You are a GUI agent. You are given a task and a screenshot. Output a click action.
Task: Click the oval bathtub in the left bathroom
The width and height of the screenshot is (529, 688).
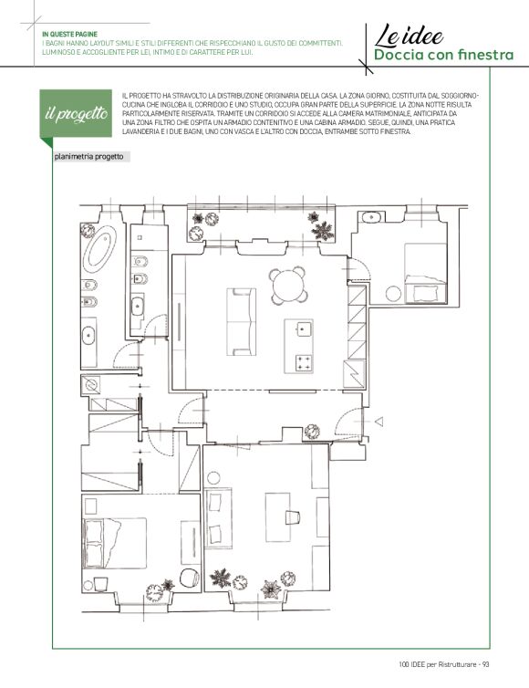coord(99,249)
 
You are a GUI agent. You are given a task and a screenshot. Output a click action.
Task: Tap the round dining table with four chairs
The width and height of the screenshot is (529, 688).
coord(288,286)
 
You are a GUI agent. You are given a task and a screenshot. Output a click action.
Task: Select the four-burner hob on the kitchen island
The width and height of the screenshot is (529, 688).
coord(305,364)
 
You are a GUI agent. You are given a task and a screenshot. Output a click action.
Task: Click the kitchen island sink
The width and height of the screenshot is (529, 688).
coord(304,328)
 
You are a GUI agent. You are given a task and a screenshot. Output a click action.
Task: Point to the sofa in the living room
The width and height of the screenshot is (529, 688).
coord(242,321)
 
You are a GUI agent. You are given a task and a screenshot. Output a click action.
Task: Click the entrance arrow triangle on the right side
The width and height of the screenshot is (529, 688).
coord(379,422)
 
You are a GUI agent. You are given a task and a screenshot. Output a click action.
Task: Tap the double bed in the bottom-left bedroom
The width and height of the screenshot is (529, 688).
coord(115,543)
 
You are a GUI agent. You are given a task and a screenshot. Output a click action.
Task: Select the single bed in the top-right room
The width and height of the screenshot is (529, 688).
coord(425,273)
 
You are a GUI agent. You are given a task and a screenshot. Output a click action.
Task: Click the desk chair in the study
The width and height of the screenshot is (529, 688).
coord(293,516)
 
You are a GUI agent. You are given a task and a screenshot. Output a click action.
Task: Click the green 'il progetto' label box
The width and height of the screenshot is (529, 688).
coord(76,113)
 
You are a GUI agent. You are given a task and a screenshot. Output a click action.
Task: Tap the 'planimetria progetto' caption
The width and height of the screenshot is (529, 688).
coord(89,157)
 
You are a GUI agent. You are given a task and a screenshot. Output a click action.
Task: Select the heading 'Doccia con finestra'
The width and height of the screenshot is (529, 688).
coord(443,55)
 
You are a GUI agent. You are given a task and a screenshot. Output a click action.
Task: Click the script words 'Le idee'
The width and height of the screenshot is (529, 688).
coord(409,36)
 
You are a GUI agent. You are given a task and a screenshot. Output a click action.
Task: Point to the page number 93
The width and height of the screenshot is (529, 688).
coord(485,664)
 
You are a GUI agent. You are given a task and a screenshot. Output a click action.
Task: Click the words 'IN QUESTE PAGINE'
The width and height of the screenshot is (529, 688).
coord(69,34)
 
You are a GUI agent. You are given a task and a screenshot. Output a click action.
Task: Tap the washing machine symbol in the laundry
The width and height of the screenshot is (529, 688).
coord(91,385)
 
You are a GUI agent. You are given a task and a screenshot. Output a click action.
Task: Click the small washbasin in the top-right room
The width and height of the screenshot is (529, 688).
coord(372,217)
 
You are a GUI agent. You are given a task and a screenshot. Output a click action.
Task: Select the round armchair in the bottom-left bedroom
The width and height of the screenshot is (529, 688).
coord(190,577)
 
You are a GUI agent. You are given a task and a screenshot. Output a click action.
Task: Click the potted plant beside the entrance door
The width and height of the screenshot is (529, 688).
coord(312,432)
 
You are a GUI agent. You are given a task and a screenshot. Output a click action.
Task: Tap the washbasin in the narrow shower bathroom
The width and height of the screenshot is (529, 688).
coord(138,306)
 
